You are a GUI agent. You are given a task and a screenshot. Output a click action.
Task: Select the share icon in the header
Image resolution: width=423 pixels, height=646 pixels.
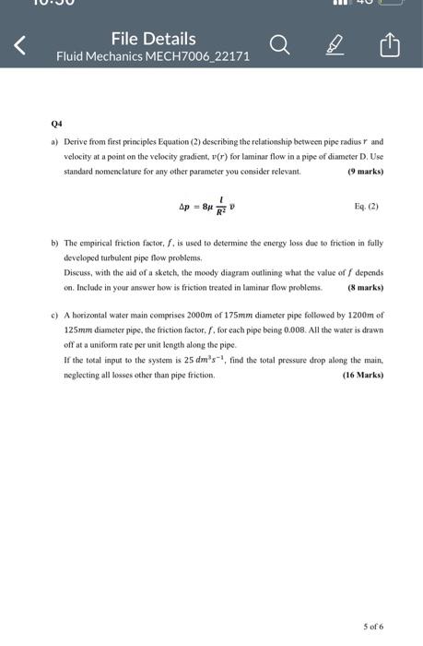point(390,45)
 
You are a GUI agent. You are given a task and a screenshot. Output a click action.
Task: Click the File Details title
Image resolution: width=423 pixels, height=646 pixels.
point(153,38)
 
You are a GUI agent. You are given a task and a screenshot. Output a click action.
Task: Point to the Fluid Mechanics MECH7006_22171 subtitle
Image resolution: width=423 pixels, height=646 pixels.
point(152,56)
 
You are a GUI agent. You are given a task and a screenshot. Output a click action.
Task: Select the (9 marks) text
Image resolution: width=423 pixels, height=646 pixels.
point(365,173)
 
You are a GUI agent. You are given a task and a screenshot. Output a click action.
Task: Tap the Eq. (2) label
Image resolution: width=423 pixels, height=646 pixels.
point(367,207)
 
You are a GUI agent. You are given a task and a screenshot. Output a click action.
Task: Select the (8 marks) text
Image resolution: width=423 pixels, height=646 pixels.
point(365,288)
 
